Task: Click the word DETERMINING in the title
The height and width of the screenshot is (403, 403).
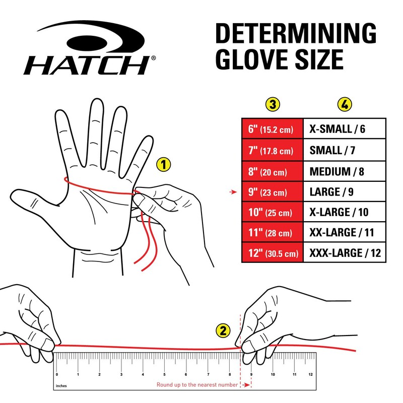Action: click(296, 34)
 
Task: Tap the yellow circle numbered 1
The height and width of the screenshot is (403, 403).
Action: click(164, 164)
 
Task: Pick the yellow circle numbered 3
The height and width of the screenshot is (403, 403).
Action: click(273, 105)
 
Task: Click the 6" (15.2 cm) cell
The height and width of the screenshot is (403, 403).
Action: click(272, 129)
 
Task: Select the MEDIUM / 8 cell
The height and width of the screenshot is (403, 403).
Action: click(344, 170)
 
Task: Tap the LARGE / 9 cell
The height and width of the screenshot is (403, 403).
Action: click(344, 191)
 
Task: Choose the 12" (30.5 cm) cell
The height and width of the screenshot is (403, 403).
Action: click(272, 253)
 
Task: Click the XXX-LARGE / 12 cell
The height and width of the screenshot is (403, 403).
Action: click(344, 253)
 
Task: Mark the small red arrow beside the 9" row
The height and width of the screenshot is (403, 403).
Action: click(233, 192)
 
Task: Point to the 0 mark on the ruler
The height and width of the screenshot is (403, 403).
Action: click(57, 374)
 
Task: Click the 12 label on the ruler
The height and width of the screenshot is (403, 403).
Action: click(311, 374)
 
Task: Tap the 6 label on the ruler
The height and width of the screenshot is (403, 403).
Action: click(186, 374)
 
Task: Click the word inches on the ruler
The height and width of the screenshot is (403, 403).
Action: click(60, 387)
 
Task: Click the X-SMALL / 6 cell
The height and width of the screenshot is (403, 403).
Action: click(344, 129)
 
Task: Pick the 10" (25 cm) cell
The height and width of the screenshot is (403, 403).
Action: click(272, 212)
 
